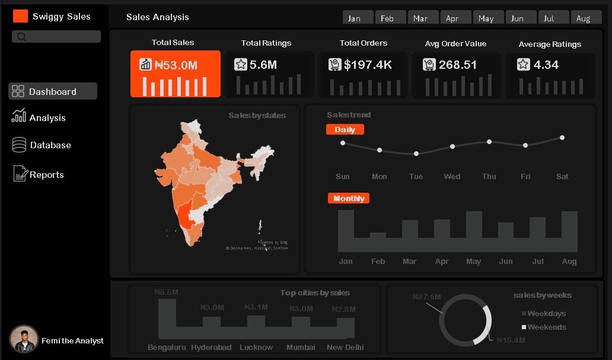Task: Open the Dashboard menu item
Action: coord(53,91)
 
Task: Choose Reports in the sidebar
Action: coord(46,174)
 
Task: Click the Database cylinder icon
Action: coord(20,145)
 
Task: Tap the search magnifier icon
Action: coord(22,37)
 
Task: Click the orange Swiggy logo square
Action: coord(21,16)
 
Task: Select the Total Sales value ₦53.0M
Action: coord(176,65)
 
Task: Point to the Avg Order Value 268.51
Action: coord(457,65)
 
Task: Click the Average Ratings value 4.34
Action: coord(546,65)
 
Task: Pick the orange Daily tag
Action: coord(345,129)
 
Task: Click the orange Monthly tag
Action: coord(349,198)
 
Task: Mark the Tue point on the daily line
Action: coord(416,154)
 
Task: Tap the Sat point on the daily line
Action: coord(562,138)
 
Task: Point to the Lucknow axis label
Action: coord(256,347)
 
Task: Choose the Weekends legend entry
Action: coord(546,327)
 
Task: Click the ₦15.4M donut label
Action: coord(512,340)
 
